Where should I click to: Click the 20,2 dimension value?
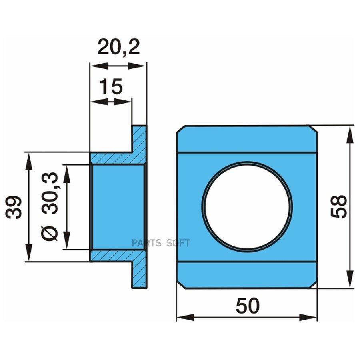[x=118, y=48]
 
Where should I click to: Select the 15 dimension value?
[x=111, y=86]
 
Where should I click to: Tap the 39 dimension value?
[x=14, y=207]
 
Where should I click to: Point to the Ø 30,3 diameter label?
[x=50, y=206]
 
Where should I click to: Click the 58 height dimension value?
[x=339, y=206]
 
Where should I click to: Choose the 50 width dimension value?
[x=248, y=306]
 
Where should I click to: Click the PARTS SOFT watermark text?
[x=161, y=243]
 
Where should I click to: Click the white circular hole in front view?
[x=247, y=207]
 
